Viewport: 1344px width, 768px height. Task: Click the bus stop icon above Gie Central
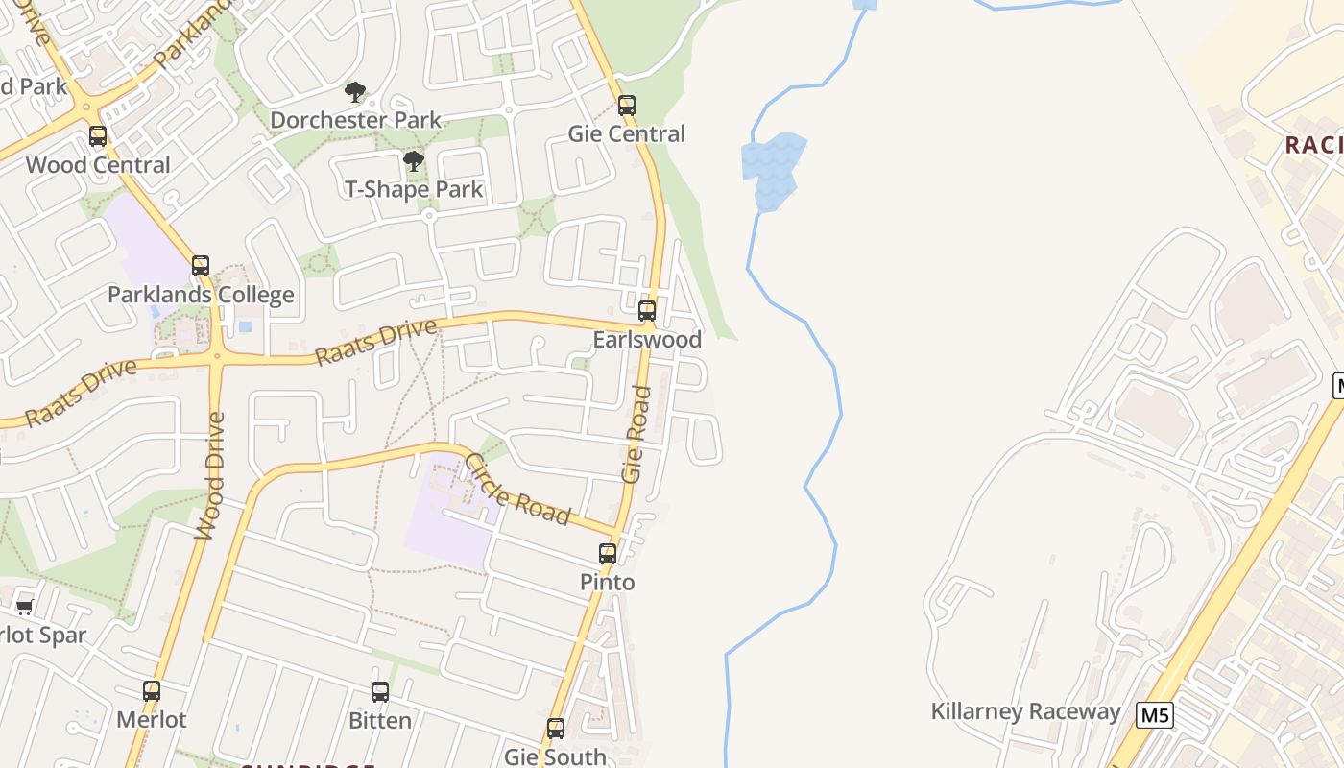tap(627, 105)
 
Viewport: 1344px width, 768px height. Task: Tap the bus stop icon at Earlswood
tap(647, 310)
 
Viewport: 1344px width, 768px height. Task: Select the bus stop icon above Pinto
tap(608, 553)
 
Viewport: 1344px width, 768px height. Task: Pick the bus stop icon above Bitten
tap(380, 691)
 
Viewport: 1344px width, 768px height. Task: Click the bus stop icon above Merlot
tap(152, 690)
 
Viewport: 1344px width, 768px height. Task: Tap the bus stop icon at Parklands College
tap(201, 265)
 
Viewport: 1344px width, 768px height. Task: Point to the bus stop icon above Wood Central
tap(98, 135)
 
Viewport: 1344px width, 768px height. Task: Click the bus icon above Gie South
tap(556, 728)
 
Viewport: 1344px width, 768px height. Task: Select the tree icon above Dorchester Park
tap(355, 92)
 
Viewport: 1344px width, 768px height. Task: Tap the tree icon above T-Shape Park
tap(414, 161)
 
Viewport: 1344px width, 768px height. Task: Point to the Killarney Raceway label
tap(1025, 711)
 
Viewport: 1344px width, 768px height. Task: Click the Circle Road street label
tap(516, 490)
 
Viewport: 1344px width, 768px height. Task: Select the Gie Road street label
tap(636, 434)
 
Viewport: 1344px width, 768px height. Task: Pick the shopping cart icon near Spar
tap(25, 607)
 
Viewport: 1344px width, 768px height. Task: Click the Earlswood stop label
tap(647, 340)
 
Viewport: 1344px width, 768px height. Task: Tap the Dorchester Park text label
tap(355, 120)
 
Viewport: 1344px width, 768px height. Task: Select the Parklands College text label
tap(201, 295)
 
